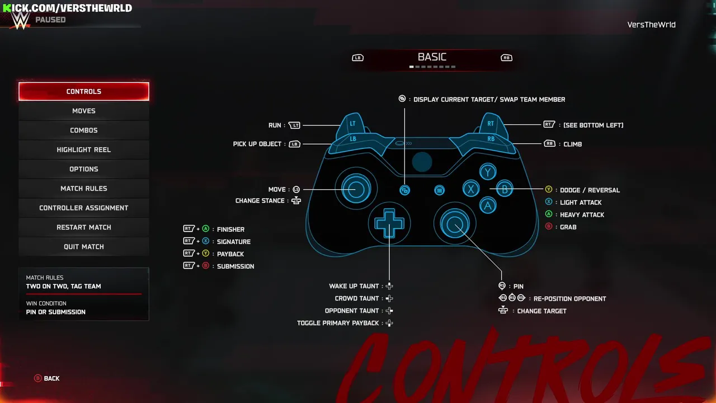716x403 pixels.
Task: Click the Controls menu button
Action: (84, 91)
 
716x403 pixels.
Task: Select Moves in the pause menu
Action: (84, 111)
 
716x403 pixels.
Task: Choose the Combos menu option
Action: (84, 130)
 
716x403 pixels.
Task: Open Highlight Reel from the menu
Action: (84, 149)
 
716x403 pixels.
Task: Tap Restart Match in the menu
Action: (84, 227)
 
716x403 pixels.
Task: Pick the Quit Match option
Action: (84, 247)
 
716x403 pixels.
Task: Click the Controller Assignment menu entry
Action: (84, 208)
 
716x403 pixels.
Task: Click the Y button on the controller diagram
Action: (488, 172)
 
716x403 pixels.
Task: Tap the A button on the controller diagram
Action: (488, 205)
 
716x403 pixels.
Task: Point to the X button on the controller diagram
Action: (471, 189)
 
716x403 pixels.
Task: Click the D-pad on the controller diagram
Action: (389, 223)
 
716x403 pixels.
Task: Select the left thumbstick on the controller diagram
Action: (356, 189)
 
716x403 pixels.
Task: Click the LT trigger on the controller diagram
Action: (352, 124)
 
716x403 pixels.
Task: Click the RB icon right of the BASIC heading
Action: (506, 58)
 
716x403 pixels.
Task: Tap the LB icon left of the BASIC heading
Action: (357, 58)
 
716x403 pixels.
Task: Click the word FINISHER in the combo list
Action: (231, 229)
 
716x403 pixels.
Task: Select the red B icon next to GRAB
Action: (549, 227)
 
